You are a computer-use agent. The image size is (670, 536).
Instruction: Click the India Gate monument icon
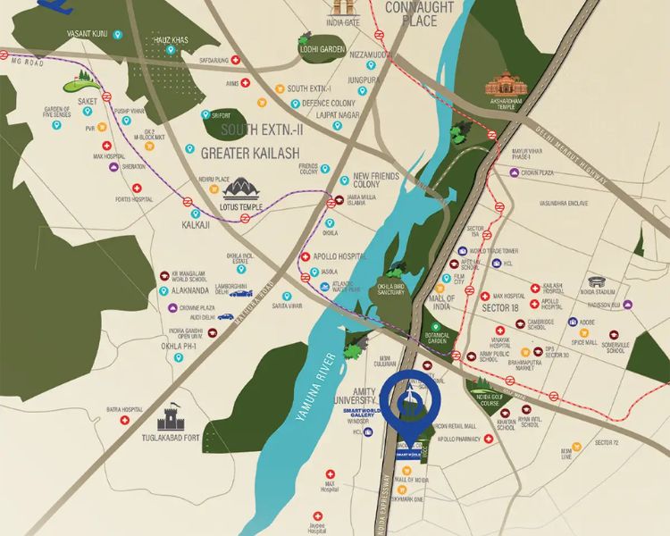coord(336,9)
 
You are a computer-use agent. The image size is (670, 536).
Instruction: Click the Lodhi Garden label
coord(320,50)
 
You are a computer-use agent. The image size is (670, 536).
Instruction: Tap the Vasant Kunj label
coord(87,33)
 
